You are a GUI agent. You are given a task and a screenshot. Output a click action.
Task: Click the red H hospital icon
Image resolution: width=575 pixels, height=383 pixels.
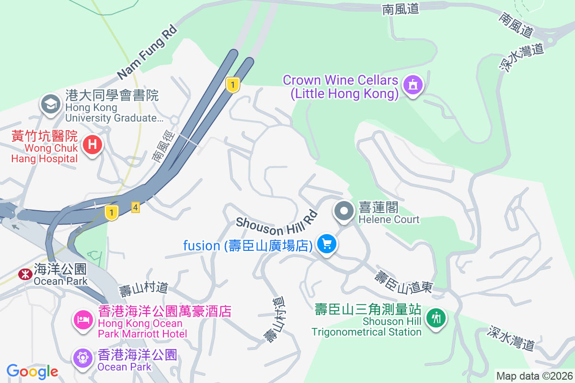point(93,144)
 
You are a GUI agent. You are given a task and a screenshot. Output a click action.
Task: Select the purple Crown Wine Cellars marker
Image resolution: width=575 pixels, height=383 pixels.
point(413,85)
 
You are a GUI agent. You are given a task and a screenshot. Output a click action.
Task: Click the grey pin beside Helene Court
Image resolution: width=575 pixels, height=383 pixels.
point(344,211)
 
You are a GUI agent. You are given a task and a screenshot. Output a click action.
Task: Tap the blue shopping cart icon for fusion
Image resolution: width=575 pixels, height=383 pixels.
point(328,245)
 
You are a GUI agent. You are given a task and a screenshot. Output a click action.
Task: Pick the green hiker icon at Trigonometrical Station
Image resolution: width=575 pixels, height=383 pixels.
point(436,317)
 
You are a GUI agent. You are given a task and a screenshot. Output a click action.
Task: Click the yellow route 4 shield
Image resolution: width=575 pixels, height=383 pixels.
point(136,207)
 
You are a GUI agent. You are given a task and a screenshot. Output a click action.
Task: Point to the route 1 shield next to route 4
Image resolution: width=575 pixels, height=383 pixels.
point(112,212)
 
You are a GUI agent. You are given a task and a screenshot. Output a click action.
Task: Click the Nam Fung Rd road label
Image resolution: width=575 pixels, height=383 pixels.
point(147,52)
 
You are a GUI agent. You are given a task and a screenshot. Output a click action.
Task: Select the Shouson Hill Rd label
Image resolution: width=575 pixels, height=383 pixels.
point(276,224)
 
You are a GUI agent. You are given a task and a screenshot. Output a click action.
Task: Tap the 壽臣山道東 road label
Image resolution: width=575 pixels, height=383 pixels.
point(403,282)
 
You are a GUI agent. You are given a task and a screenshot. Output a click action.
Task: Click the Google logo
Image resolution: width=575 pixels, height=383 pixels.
point(32,371)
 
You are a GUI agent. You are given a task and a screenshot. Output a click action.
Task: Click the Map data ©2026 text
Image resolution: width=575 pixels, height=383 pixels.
point(534,376)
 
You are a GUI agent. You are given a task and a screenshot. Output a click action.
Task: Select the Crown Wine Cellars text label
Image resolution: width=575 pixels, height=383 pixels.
point(341,87)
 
